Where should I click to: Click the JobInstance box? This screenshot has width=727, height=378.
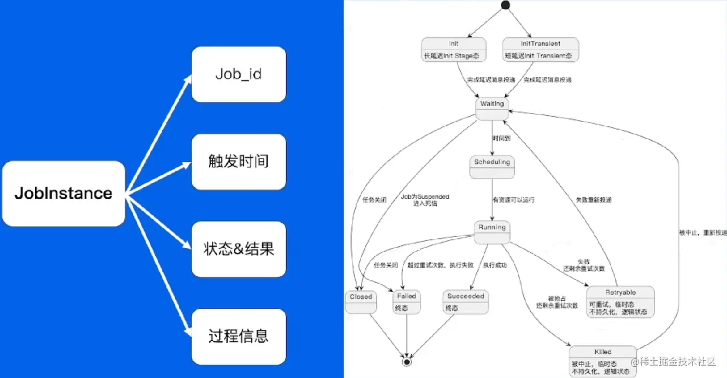point(63,194)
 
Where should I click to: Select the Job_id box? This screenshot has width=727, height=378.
point(238,74)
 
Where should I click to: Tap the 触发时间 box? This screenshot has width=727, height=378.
point(238,162)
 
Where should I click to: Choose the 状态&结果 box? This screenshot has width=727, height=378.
point(238,249)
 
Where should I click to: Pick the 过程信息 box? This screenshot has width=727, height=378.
point(238,336)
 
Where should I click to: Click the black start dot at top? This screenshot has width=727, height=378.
point(505,5)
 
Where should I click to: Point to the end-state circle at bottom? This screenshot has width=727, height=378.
point(407,362)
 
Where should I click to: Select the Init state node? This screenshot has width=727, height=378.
point(453,50)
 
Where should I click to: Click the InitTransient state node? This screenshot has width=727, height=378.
point(540,50)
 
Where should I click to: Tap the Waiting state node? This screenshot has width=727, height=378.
point(492,109)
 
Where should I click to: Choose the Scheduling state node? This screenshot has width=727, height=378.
point(492,167)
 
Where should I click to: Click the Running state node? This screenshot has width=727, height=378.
point(492,232)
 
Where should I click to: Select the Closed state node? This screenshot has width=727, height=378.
point(361,302)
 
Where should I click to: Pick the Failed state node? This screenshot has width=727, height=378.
point(406,302)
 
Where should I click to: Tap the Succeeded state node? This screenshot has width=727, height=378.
point(466,302)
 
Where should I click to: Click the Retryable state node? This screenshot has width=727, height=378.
point(620,302)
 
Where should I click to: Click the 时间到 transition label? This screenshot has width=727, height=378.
point(500,138)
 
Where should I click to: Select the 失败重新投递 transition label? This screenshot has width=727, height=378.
point(594,200)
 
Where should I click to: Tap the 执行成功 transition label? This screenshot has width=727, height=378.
point(495,265)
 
